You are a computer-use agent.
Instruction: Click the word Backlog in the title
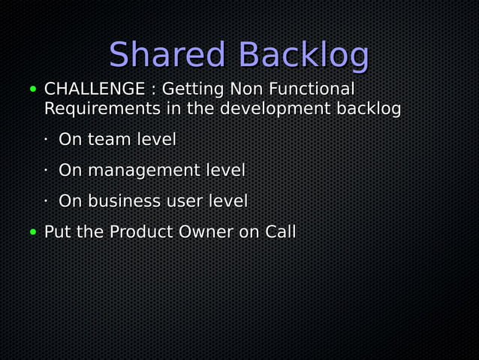pos(303,56)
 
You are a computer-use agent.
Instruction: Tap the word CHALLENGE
pos(95,89)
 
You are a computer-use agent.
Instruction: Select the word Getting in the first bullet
pos(194,90)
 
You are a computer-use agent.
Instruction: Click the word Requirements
pos(102,109)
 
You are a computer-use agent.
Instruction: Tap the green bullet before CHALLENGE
pos(33,89)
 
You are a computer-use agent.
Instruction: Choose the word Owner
pos(205,232)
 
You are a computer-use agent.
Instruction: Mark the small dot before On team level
pos(46,140)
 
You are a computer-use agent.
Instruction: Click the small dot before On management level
pos(46,171)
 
